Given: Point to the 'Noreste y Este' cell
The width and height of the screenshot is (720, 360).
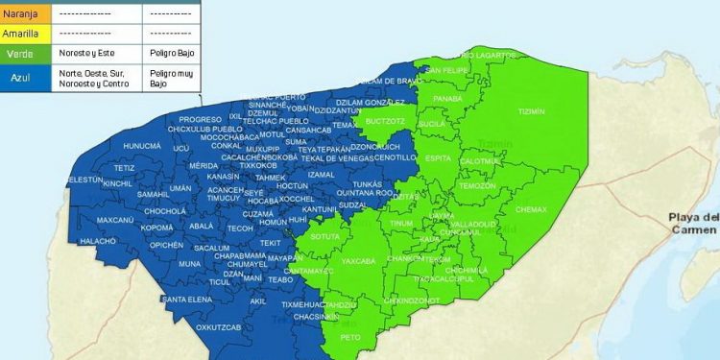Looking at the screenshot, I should [x=86, y=54].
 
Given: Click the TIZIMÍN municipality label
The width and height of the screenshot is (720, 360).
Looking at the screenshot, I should [x=531, y=111].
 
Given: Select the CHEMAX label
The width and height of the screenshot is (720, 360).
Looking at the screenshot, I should [x=531, y=209].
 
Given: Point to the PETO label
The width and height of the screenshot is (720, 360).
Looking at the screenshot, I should [x=351, y=337].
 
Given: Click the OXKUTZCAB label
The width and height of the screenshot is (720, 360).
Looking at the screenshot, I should [x=218, y=326].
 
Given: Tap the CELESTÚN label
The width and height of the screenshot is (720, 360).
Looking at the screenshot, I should [x=84, y=180].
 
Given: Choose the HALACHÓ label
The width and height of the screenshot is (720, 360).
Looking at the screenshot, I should [x=98, y=241].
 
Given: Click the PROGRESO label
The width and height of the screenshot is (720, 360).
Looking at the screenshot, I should [x=200, y=119].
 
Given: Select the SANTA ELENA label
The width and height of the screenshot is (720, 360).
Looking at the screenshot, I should [x=186, y=300].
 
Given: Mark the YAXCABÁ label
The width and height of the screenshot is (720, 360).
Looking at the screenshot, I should [x=358, y=260].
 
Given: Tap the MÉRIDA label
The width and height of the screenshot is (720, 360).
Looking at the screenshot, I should [x=204, y=165].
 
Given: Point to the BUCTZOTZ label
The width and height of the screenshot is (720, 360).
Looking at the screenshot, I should [x=385, y=121].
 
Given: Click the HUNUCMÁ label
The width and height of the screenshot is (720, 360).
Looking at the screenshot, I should [x=143, y=146].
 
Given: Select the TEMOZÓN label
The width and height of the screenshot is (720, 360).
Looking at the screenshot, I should [x=477, y=185].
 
